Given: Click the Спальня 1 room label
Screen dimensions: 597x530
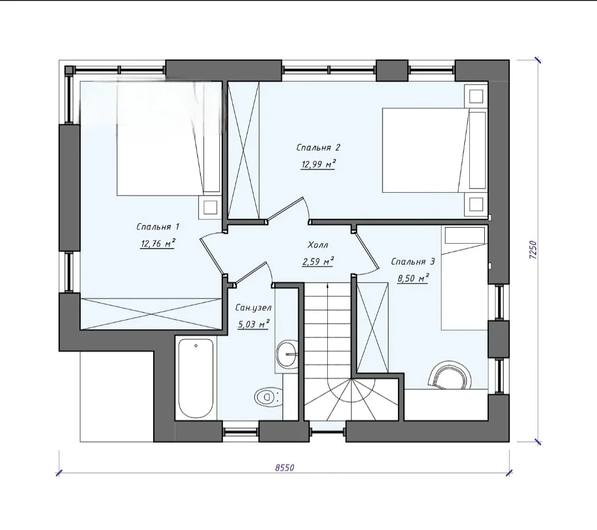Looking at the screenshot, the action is click(158, 227).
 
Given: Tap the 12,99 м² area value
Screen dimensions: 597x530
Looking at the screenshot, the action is click(318, 165).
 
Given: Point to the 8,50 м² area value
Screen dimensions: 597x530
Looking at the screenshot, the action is click(413, 279).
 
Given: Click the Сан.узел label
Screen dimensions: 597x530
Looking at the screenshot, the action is click(253, 307).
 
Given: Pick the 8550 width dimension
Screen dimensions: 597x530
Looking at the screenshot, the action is click(285, 467).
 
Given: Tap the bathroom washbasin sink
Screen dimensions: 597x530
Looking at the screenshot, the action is click(288, 354).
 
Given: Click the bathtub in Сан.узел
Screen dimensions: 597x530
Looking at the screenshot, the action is click(196, 379).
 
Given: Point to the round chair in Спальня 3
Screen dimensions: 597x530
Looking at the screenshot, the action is click(449, 375).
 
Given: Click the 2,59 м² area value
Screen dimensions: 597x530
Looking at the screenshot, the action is click(317, 262).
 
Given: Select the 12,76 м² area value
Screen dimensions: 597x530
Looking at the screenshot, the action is click(157, 244).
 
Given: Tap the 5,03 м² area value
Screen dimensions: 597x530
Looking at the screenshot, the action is click(253, 324).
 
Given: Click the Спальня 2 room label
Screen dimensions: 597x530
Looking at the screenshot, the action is click(318, 148).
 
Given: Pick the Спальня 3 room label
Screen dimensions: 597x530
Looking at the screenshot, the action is click(413, 262).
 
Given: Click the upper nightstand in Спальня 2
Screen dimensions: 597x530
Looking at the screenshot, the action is click(476, 96).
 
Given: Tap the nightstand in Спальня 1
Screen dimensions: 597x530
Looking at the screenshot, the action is click(210, 207).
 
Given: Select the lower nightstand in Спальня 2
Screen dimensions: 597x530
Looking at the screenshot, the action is click(476, 205).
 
